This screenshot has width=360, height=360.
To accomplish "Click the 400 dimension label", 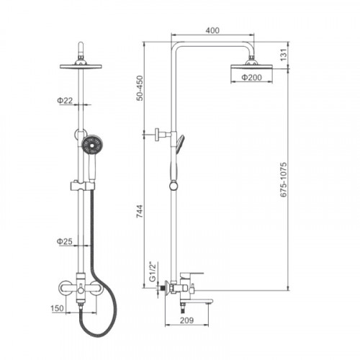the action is pos(212,30).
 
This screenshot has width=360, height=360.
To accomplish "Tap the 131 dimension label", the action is pos(284,55).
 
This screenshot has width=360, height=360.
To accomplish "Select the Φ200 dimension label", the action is pos(251,77).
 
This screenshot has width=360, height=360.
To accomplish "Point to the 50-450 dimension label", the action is pos(140,88).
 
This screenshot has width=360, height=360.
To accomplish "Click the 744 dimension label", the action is pos(140,211).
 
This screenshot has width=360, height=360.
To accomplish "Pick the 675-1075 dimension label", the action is pos(284,180).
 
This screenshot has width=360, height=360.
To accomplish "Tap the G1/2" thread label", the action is pos(153,272).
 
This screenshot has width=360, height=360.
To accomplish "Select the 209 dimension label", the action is pos(186,320).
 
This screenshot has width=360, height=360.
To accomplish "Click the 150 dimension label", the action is pos(58,308).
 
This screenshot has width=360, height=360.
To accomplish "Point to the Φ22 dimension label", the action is pos(65,100).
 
